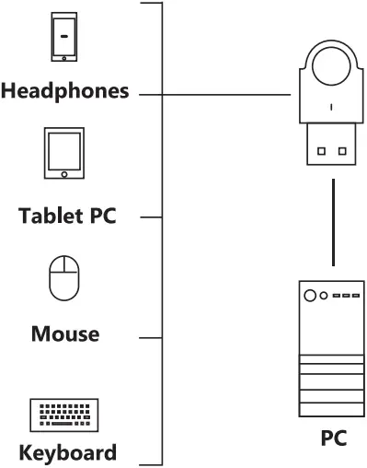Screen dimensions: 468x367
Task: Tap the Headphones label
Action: pyautogui.click(x=64, y=92)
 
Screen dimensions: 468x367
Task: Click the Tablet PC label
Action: pyautogui.click(x=68, y=217)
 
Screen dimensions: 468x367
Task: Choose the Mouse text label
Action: pyautogui.click(x=64, y=333)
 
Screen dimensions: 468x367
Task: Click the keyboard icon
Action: pyautogui.click(x=63, y=415)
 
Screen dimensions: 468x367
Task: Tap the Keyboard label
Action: pyautogui.click(x=68, y=452)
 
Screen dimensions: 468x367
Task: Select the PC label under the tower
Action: pyautogui.click(x=332, y=438)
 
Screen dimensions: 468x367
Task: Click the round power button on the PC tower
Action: pyautogui.click(x=310, y=296)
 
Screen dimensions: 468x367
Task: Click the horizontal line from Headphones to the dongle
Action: pyautogui.click(x=221, y=94)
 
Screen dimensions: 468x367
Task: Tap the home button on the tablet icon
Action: pyautogui.click(x=63, y=173)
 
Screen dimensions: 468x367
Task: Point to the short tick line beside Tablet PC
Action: pyautogui.click(x=151, y=218)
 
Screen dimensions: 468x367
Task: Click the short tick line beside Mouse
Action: pyautogui.click(x=151, y=337)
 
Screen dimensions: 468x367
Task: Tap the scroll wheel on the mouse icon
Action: pyautogui.click(x=63, y=269)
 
